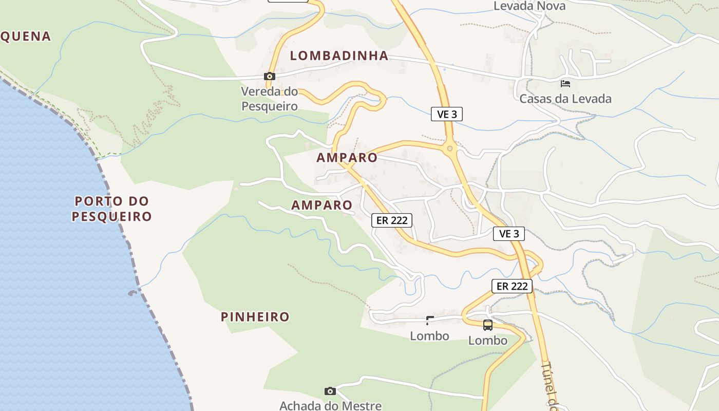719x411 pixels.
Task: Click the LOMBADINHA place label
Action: [x=339, y=56]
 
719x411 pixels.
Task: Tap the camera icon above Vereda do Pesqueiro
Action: [x=269, y=77]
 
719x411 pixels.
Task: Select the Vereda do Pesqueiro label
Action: [x=270, y=99]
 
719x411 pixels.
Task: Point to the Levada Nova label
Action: [x=529, y=6]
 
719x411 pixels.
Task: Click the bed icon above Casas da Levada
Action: [x=565, y=83]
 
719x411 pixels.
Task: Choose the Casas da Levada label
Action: [x=565, y=99]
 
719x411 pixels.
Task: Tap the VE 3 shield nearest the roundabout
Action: [x=447, y=115]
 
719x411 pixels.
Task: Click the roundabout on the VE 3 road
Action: [x=450, y=148]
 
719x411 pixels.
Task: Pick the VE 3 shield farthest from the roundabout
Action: [x=509, y=234]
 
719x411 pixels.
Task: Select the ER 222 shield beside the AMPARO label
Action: [x=392, y=220]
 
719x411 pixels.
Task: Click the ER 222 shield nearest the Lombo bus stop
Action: [x=512, y=286]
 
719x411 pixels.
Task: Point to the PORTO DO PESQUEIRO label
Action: [x=112, y=209]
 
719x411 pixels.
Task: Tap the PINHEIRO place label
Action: [x=255, y=317]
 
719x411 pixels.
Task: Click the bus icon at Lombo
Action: [x=488, y=325]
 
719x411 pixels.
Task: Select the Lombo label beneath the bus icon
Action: [x=488, y=341]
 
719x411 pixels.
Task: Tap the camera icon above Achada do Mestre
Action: [x=330, y=391]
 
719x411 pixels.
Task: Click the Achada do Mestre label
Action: [x=330, y=405]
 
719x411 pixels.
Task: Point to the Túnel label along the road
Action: [x=550, y=385]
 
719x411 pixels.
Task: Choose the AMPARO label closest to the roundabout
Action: [x=347, y=158]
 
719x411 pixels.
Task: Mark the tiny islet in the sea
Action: [x=133, y=293]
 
